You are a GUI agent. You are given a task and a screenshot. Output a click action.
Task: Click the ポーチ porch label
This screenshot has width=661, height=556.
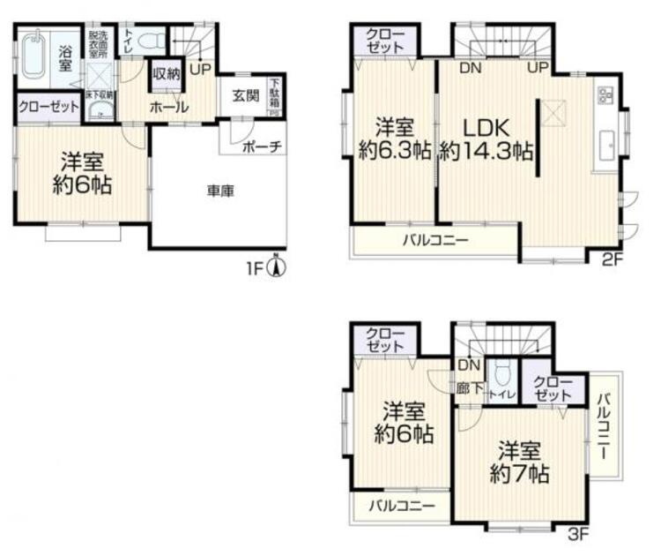coord(263,147)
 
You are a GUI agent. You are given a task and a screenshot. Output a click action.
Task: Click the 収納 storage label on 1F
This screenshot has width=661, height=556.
coord(167,74)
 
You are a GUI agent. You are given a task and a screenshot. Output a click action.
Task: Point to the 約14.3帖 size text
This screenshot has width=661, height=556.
coord(486,151)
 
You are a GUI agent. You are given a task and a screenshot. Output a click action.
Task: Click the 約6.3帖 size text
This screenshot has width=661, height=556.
coord(393,151)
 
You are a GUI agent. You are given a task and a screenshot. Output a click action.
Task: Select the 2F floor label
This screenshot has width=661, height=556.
coord(611,259)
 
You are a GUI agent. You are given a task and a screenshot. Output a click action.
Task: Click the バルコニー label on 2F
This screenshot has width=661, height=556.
coord(436,239)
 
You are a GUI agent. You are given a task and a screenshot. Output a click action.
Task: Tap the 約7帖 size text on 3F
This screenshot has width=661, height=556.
coord(520,474)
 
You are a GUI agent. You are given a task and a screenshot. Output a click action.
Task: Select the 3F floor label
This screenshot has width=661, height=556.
coord(578,534)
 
